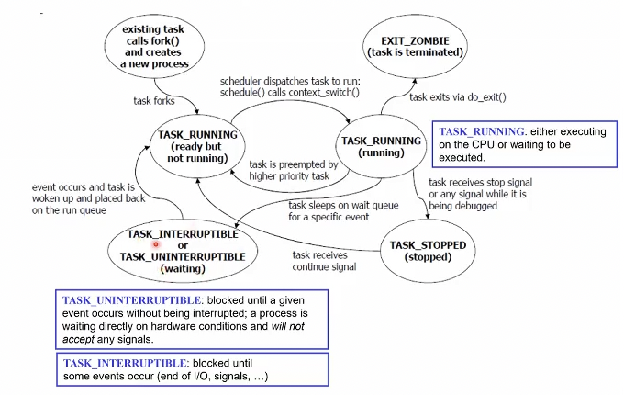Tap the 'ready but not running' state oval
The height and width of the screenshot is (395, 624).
197,145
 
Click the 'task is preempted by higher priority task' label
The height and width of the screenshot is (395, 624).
294,171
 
